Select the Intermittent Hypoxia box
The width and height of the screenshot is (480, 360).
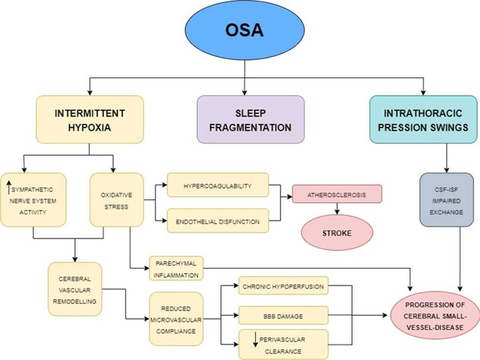coord(90,119)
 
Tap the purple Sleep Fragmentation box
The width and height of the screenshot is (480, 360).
coord(250,119)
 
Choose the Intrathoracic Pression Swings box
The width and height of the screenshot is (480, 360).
coord(423,119)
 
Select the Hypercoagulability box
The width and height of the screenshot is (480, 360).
coord(218,185)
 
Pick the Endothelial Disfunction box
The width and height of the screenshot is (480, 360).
coord(218,220)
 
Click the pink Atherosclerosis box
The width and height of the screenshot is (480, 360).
coord(337,194)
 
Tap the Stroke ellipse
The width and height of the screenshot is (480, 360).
coord(337,232)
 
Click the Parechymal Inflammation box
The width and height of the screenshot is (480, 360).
coord(176,268)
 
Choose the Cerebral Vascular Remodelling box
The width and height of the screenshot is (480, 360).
coord(75,289)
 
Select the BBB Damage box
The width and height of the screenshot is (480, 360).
coord(283,316)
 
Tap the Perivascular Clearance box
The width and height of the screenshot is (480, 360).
coord(283,345)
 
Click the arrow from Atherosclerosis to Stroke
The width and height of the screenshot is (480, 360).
coord(337,208)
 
